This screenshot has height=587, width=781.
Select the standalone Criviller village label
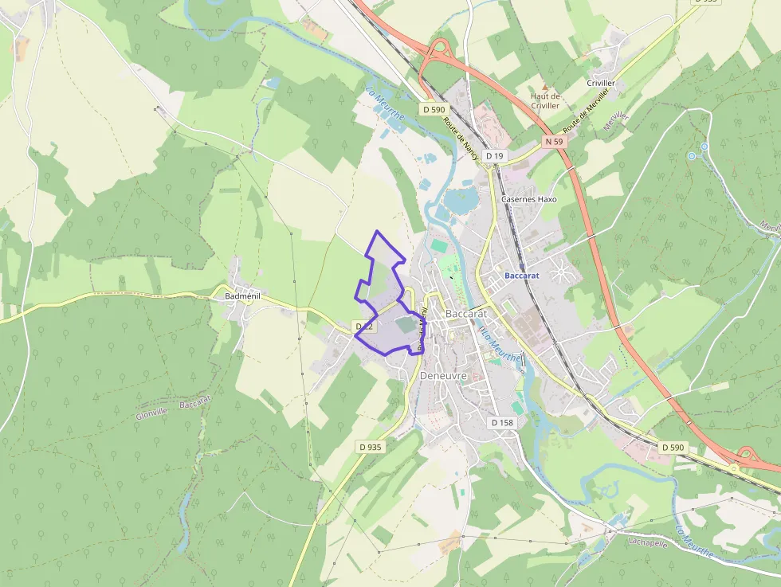601,83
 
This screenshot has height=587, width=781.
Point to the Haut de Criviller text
546,101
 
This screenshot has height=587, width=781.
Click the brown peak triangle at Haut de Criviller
546,87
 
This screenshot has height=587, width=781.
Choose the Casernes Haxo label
528,199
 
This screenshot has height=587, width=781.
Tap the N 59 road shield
555,141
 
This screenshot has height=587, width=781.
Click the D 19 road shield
495,156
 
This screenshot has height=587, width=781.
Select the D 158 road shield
502,423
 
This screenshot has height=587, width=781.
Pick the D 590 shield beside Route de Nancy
434,109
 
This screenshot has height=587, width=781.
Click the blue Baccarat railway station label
522,276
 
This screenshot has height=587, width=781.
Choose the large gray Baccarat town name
466,313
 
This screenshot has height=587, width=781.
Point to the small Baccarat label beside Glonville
195,404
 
